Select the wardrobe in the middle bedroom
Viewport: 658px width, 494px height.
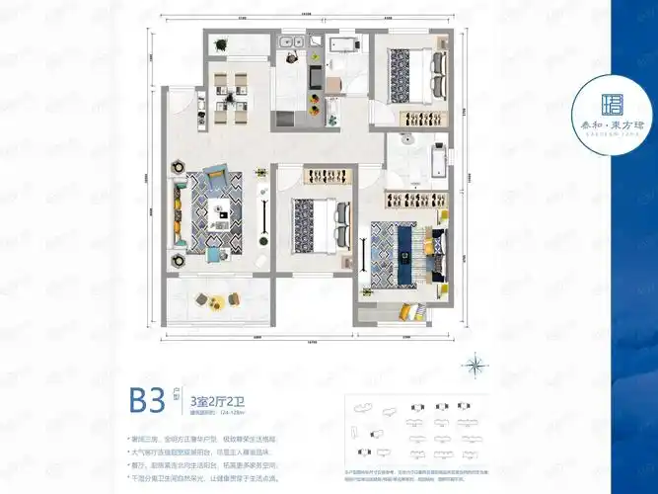pyautogui.click(x=318, y=176)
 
